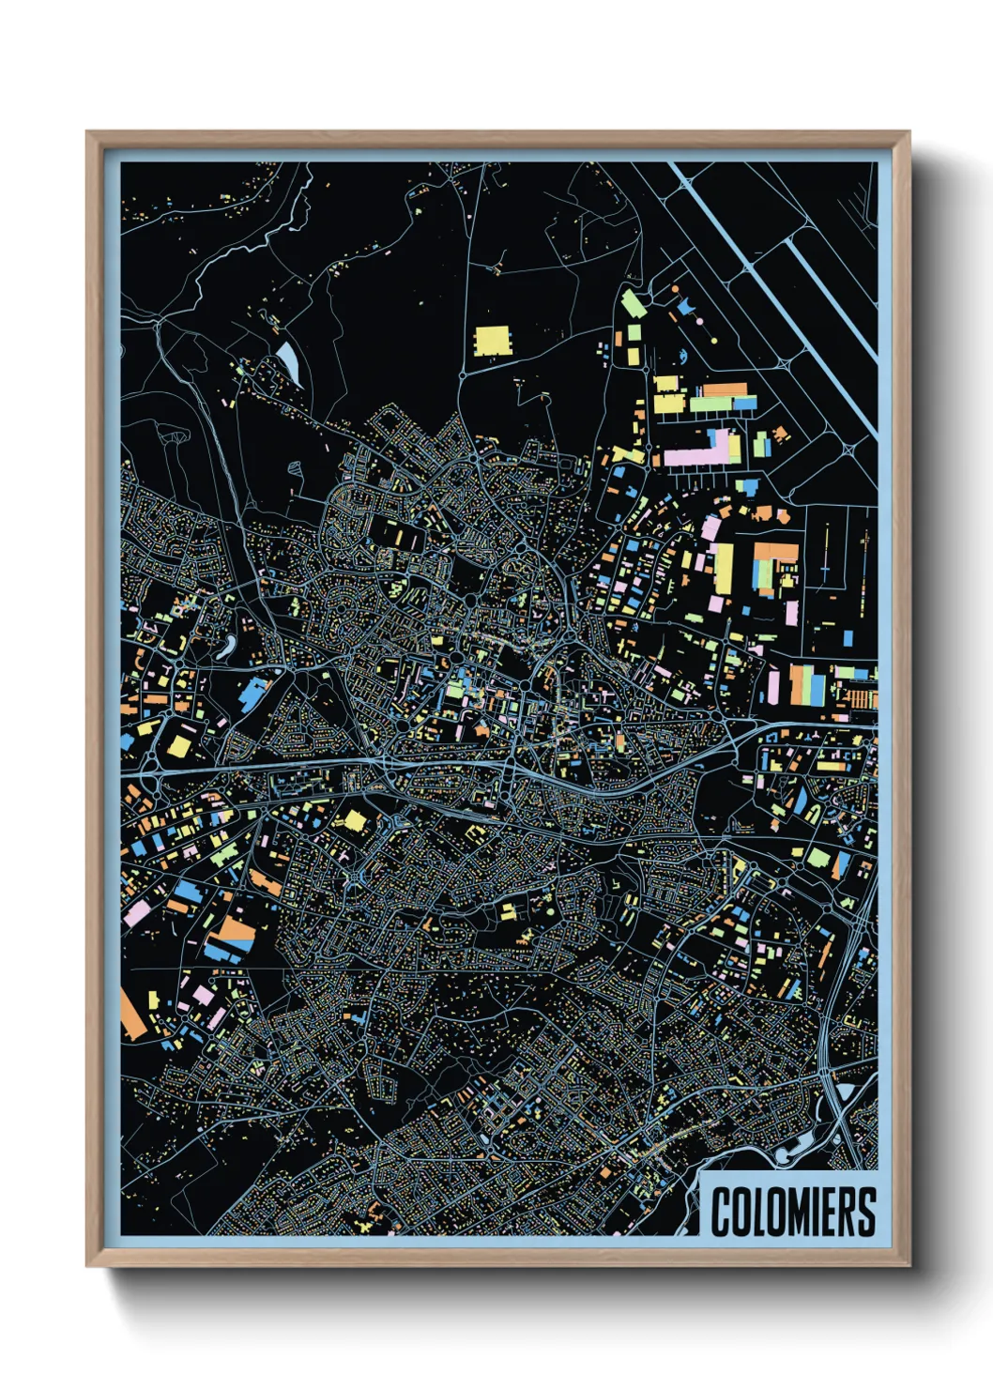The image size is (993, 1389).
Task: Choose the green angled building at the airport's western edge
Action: point(633,302)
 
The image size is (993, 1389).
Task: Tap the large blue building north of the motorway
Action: point(253,694)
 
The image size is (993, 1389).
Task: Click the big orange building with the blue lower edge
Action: point(229,934)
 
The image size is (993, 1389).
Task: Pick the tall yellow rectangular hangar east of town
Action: point(724,568)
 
